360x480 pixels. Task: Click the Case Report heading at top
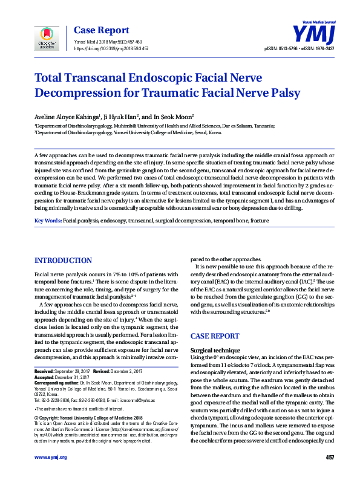(x=101, y=30)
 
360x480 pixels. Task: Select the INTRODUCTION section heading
(x=63, y=261)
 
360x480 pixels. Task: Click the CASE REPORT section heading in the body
(x=217, y=336)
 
